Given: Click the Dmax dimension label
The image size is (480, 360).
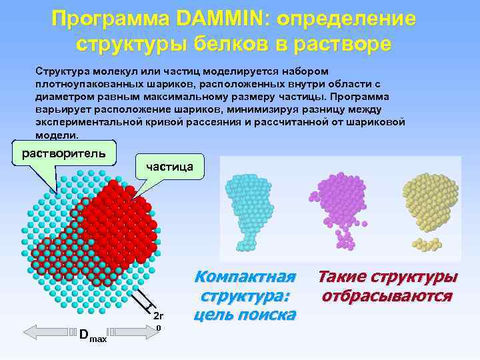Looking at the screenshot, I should coord(92,335).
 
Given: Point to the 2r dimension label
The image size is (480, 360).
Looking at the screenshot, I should coord(158,315).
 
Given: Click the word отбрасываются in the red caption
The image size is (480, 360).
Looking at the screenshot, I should coord(387,295).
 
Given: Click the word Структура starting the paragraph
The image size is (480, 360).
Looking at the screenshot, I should coord(61,70).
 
